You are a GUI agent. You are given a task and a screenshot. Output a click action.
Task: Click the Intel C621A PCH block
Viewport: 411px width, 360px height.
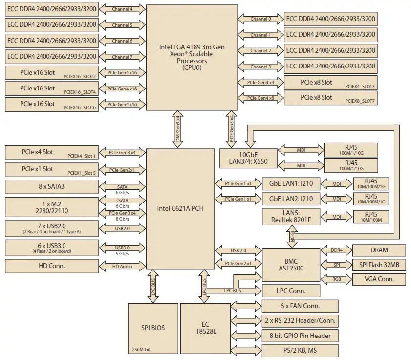point(180,208)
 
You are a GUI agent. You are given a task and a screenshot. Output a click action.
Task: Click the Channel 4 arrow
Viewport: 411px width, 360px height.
point(122,9)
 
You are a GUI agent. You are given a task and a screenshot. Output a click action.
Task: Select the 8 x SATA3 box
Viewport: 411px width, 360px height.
point(51,187)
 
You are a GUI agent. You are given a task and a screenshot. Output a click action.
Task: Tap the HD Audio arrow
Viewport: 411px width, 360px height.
point(122,266)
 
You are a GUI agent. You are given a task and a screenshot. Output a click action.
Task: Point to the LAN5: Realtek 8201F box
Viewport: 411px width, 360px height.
point(291,216)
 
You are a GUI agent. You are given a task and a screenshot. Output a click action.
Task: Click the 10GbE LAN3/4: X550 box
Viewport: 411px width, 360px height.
point(248,156)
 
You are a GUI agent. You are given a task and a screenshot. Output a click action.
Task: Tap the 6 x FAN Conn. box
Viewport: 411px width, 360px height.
point(300,306)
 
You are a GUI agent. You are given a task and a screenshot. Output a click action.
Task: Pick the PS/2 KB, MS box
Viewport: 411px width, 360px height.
point(300,350)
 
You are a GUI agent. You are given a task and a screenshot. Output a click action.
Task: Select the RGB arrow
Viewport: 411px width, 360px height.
point(337,279)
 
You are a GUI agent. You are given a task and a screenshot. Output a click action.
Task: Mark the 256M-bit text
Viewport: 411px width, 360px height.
point(142,349)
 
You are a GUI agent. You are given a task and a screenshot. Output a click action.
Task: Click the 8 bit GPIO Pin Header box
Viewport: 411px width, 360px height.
point(300,336)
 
